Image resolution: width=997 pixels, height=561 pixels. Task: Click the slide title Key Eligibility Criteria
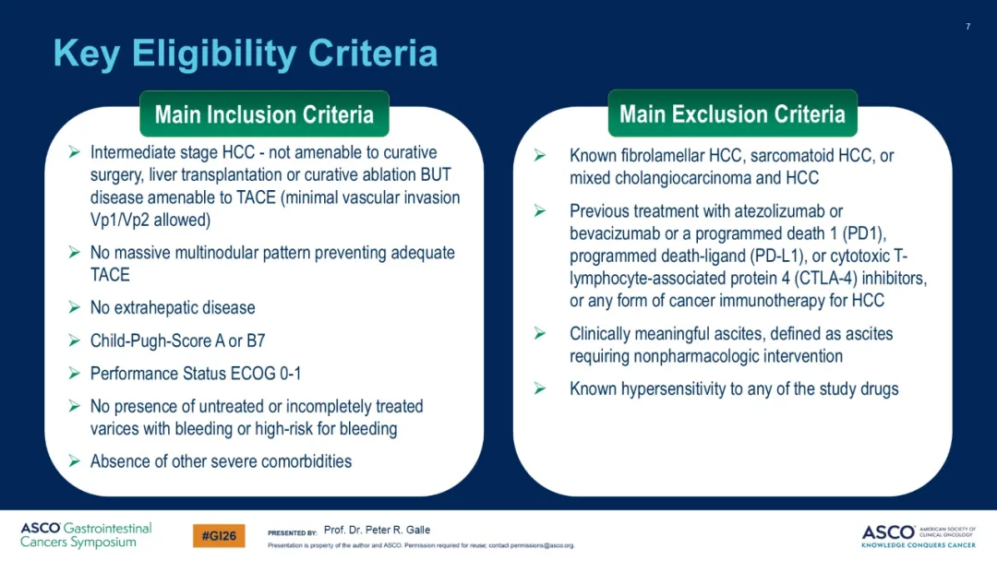pos(246,54)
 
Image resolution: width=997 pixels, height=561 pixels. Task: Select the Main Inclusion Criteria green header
pos(264,114)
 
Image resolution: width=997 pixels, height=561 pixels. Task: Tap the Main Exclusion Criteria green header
pos(732,113)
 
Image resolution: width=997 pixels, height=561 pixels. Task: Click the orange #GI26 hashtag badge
pos(219,535)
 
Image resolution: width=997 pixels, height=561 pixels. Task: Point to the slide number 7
pos(967,27)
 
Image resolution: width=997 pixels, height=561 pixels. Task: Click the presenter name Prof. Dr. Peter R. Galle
pos(377,530)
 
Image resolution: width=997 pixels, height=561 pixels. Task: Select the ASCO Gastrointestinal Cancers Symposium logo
pos(86,535)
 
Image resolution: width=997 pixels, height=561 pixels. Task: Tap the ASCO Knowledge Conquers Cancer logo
pos(919,535)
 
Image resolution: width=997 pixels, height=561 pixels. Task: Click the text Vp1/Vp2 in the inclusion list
pos(119,220)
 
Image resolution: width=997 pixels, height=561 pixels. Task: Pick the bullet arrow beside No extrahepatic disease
pos(75,307)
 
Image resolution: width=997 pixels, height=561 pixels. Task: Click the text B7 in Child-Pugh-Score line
pos(256,341)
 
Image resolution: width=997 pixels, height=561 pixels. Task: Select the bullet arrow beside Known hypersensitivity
pos(540,388)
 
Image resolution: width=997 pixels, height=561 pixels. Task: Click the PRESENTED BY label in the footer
pos(293,533)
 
